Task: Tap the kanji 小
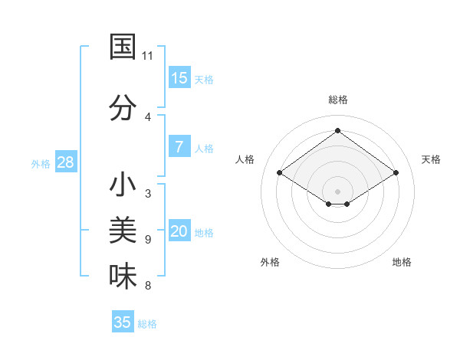[x=123, y=185]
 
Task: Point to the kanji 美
[x=123, y=231]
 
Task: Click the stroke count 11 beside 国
[x=148, y=56]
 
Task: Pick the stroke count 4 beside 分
[x=148, y=117]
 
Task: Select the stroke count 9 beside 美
[x=148, y=240]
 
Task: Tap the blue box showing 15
[x=179, y=78]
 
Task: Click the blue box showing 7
[x=179, y=147]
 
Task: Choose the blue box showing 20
[x=179, y=231]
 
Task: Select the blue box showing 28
[x=64, y=162]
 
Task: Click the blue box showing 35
[x=123, y=322]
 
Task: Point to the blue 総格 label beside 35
[x=147, y=324]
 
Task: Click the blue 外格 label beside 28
[x=41, y=164]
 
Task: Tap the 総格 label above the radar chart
[x=337, y=100]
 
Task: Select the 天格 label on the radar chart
[x=431, y=159]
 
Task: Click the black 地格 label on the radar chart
[x=402, y=262]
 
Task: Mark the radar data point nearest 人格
[x=280, y=173]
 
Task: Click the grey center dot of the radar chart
[x=337, y=190]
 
